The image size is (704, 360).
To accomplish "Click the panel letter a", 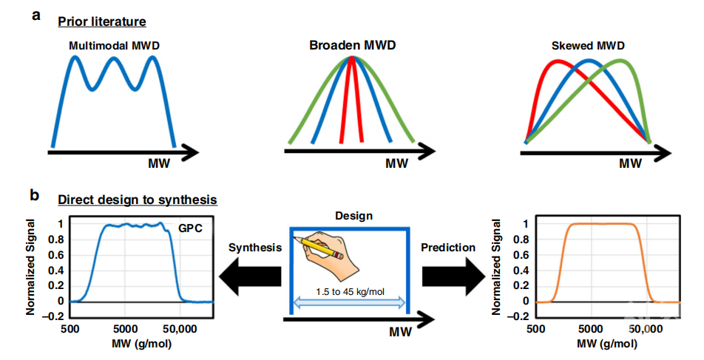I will [x=35, y=15].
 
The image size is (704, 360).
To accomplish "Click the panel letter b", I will [x=35, y=196].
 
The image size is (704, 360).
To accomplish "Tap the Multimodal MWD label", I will [x=114, y=46].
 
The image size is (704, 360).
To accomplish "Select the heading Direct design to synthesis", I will [x=137, y=200].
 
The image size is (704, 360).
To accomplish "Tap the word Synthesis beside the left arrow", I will [x=255, y=248].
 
